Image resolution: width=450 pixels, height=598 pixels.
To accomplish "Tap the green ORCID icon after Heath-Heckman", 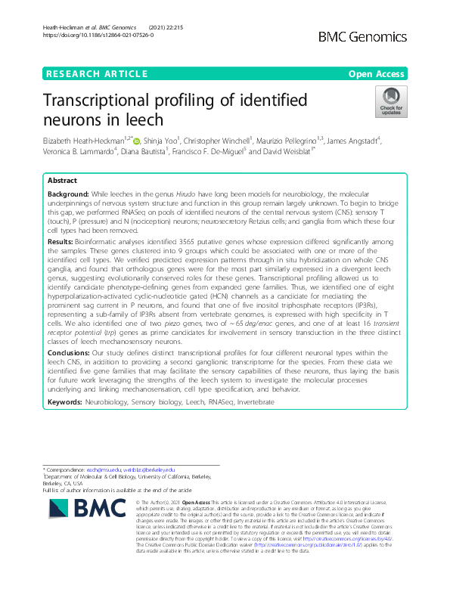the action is coord(136,141).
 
